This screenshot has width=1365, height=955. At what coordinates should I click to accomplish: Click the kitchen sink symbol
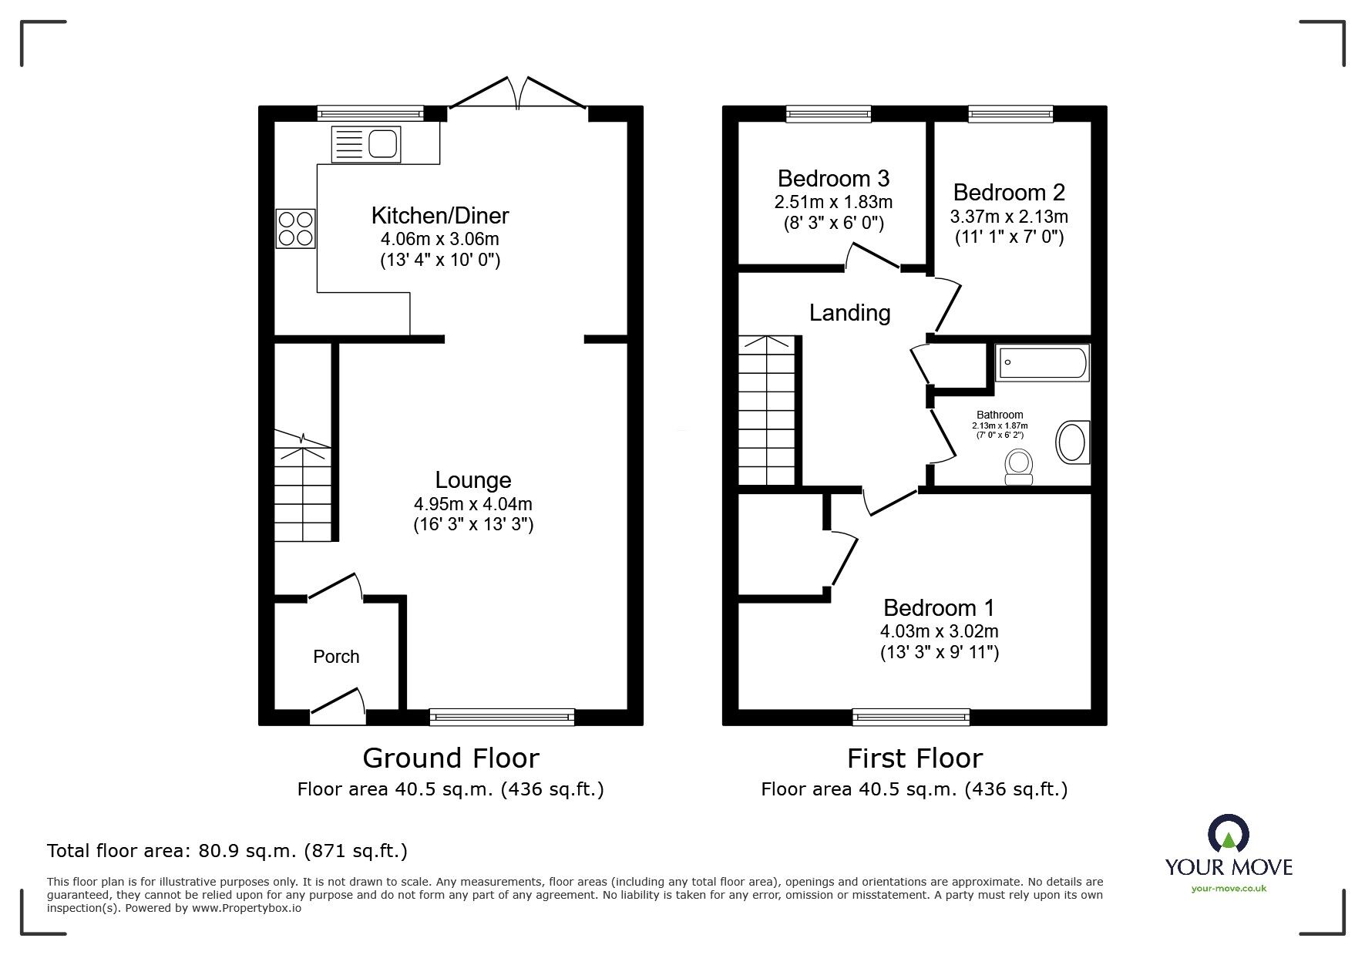coord(366,144)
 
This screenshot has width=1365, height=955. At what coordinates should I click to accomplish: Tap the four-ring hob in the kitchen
coord(296,228)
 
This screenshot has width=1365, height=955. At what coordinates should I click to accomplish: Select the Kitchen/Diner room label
coord(440,215)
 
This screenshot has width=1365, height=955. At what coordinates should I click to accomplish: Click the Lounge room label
coord(473,480)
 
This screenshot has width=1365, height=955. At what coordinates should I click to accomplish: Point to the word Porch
coord(336,657)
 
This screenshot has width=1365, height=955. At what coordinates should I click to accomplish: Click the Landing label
coord(849,312)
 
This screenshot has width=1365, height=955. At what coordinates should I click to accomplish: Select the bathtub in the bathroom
coord(1043,363)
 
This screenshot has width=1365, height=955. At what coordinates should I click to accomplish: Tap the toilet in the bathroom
coord(1019,467)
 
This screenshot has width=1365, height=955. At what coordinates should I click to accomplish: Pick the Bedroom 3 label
coord(833,179)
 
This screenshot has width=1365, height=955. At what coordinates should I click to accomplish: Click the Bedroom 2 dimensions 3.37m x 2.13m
coord(1009,217)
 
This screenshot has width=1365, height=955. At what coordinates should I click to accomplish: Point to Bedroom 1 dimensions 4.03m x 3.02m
coord(940,632)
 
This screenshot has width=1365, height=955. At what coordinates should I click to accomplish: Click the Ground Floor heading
coord(451,758)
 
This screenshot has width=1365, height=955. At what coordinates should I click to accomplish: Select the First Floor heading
coord(915,758)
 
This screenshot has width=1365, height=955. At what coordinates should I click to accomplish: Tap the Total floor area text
coord(227,851)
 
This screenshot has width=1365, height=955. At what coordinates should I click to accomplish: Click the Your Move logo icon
coord(1229,836)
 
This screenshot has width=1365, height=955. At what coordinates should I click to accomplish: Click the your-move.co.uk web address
coord(1229,889)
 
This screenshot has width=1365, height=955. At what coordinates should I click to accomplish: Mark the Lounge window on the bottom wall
coord(502,717)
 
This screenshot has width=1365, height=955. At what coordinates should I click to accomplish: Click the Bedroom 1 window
coord(911,717)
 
